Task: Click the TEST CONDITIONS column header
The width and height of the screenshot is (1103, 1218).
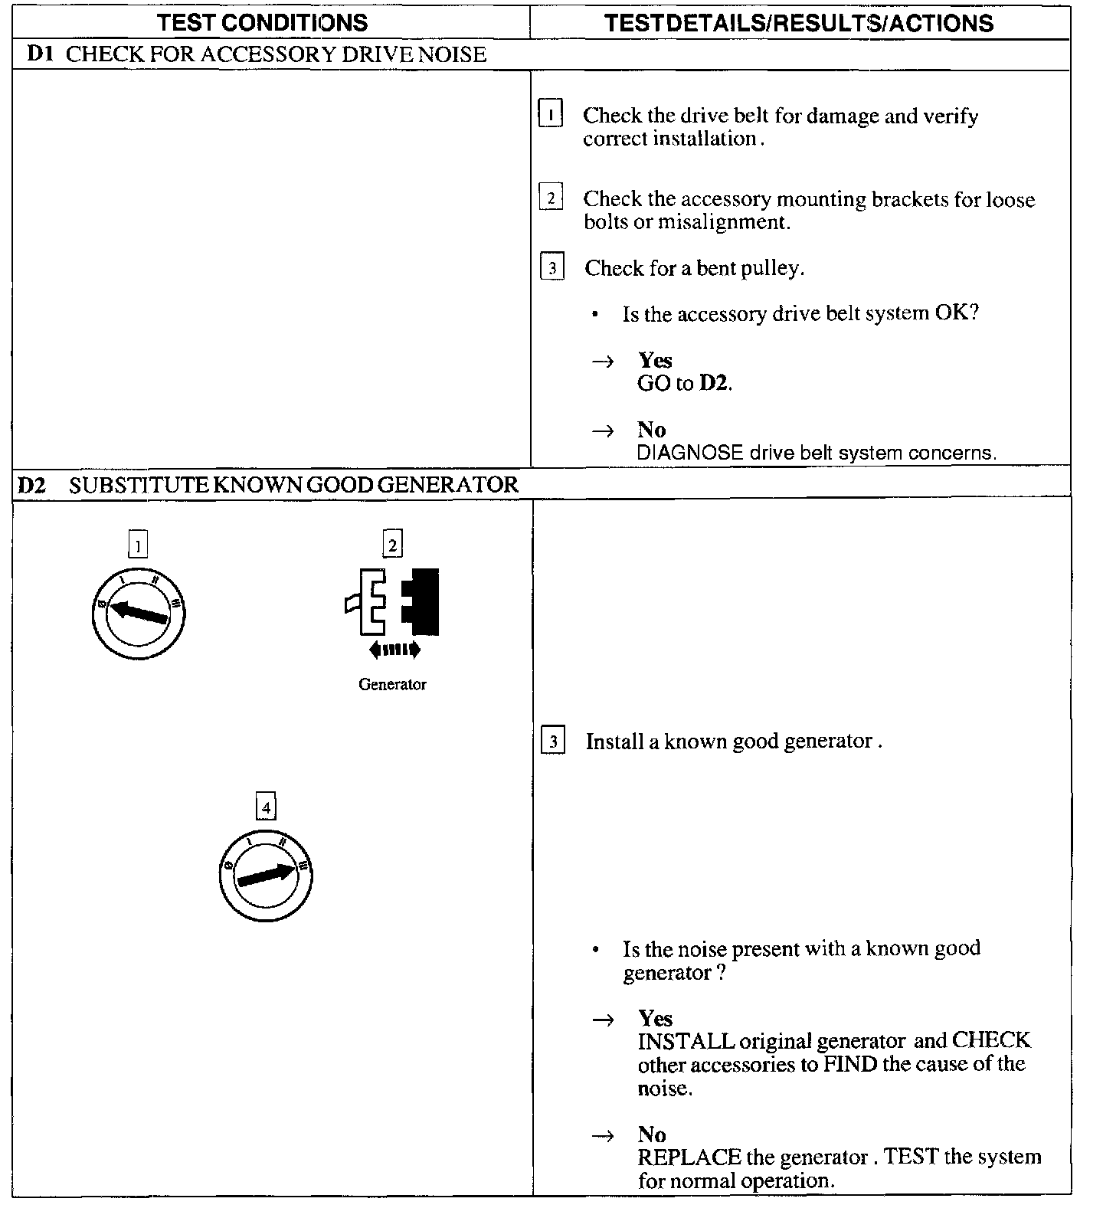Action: coord(263,22)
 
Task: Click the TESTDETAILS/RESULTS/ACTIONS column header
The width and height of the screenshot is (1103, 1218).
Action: coord(799,23)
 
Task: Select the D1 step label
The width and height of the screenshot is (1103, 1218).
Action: coord(39,54)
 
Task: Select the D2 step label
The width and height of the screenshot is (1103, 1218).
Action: coord(32,484)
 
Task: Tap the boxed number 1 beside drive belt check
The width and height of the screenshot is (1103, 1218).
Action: coord(551,115)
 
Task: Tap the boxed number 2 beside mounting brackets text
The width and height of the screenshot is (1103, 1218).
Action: coord(551,198)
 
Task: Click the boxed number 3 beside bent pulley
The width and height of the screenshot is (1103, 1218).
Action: coord(551,267)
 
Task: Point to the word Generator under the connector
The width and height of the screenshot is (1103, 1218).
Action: coord(392,685)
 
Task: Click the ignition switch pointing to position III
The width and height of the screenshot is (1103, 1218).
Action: coord(266,874)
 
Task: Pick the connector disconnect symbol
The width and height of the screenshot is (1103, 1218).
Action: coord(392,602)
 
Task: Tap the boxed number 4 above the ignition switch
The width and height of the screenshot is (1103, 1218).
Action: coord(266,807)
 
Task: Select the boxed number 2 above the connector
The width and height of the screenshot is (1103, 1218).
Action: coord(392,545)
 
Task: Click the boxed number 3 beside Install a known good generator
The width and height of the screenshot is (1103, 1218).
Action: coord(553,742)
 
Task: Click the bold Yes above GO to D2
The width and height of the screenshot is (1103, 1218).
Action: coord(655,360)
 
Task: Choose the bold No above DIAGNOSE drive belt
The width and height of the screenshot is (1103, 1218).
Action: coord(651,429)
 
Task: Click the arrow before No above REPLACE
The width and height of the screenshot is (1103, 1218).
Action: coord(604,1135)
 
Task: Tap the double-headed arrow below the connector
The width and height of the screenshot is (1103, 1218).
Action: coord(394,650)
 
